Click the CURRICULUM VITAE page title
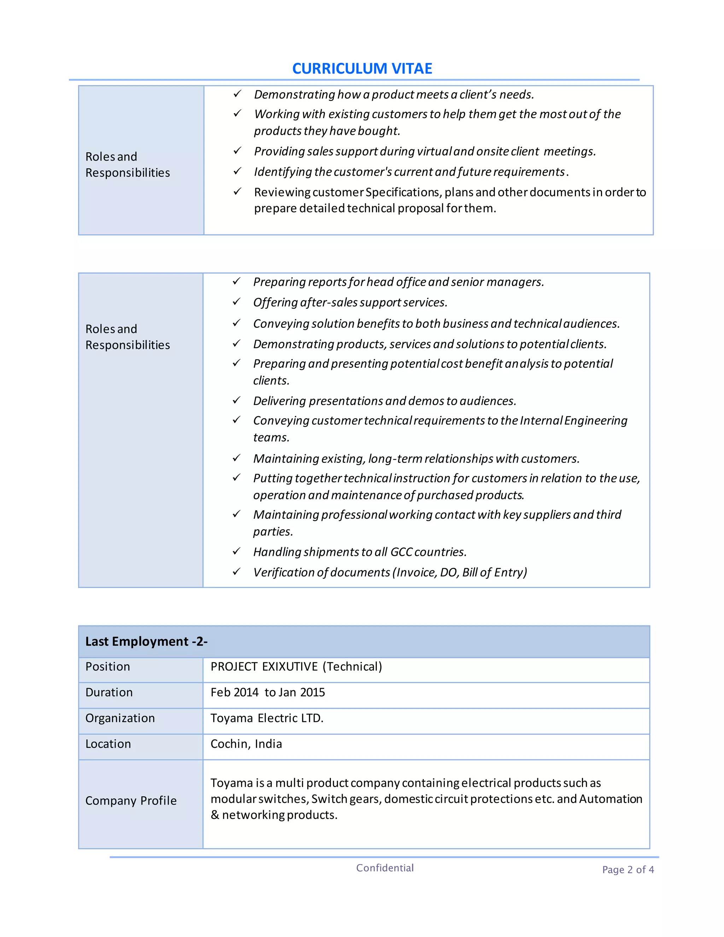[x=362, y=69]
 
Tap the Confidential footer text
[x=385, y=868]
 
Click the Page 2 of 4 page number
[x=627, y=870]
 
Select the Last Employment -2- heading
[x=146, y=641]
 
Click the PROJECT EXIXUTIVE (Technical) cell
[x=296, y=667]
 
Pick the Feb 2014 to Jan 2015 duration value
[x=268, y=692]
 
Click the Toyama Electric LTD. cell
[x=267, y=718]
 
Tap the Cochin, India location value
[x=246, y=744]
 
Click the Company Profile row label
[x=131, y=801]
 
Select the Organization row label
[x=120, y=718]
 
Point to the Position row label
[x=108, y=667]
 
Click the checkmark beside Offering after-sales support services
[x=237, y=302]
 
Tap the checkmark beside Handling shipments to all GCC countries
[x=237, y=551]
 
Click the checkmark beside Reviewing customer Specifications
[x=237, y=191]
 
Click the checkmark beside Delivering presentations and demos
[x=237, y=400]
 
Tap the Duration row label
[x=109, y=692]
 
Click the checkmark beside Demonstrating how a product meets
[x=237, y=94]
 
